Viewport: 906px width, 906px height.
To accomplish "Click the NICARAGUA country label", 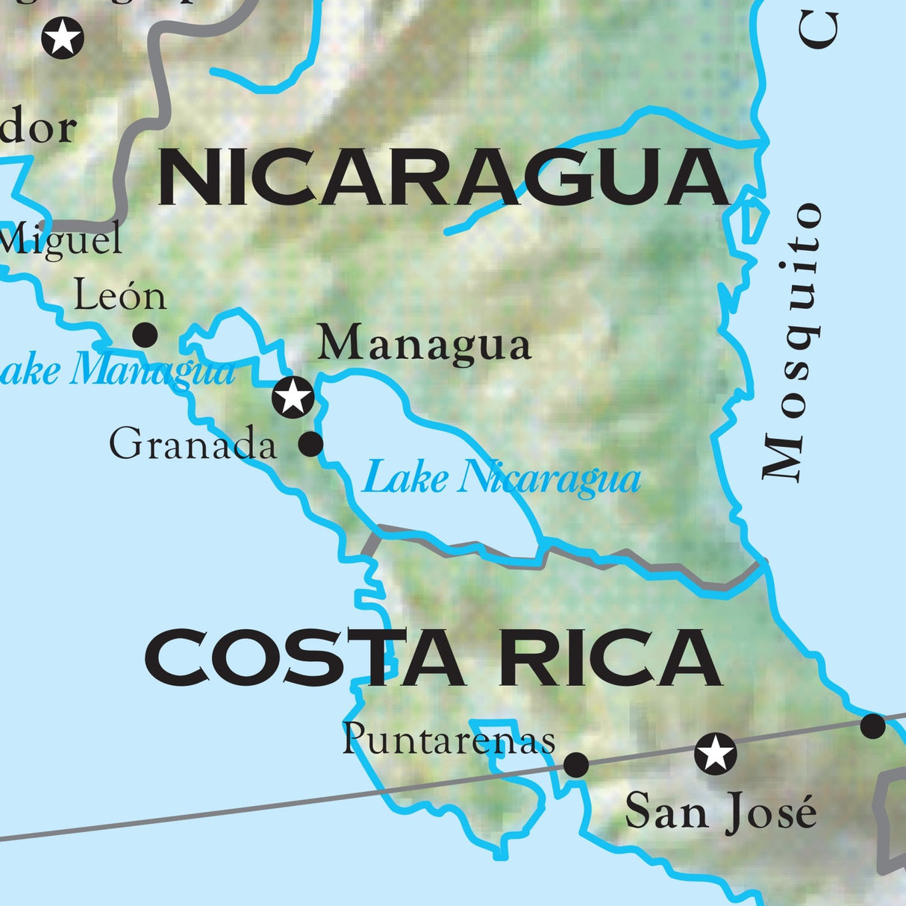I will tap(443, 178).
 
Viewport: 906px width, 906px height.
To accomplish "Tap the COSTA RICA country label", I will tap(433, 657).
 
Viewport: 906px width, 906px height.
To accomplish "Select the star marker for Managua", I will tap(293, 396).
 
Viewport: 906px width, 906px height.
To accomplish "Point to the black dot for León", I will tap(145, 335).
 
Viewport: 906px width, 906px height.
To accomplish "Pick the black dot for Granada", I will tap(310, 444).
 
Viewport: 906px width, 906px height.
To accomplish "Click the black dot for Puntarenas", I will tap(575, 764).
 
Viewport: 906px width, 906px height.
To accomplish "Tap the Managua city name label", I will tap(424, 346).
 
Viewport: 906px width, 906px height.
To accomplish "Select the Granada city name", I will tap(193, 446).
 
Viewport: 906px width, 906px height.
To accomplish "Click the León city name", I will tap(119, 296).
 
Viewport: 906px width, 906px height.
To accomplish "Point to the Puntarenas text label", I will tap(449, 740).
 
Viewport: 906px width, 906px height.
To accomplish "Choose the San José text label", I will tap(720, 811).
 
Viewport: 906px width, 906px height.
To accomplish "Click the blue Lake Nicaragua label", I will tap(501, 478).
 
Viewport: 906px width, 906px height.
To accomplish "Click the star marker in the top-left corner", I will tap(63, 37).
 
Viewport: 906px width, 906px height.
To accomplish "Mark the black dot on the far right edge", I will tap(872, 725).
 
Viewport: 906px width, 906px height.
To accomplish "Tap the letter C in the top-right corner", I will tap(819, 28).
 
